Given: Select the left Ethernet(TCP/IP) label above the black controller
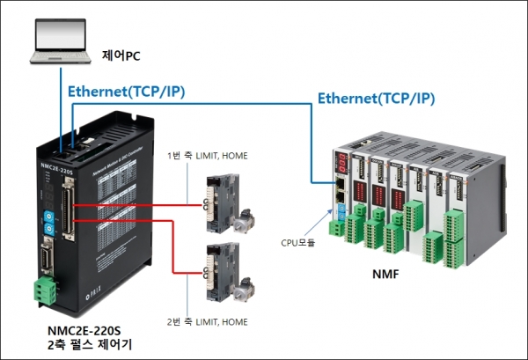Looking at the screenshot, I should (x=126, y=92).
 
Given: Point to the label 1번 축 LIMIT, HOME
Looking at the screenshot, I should (x=208, y=157).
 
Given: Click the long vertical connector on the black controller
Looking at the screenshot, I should (x=66, y=211).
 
